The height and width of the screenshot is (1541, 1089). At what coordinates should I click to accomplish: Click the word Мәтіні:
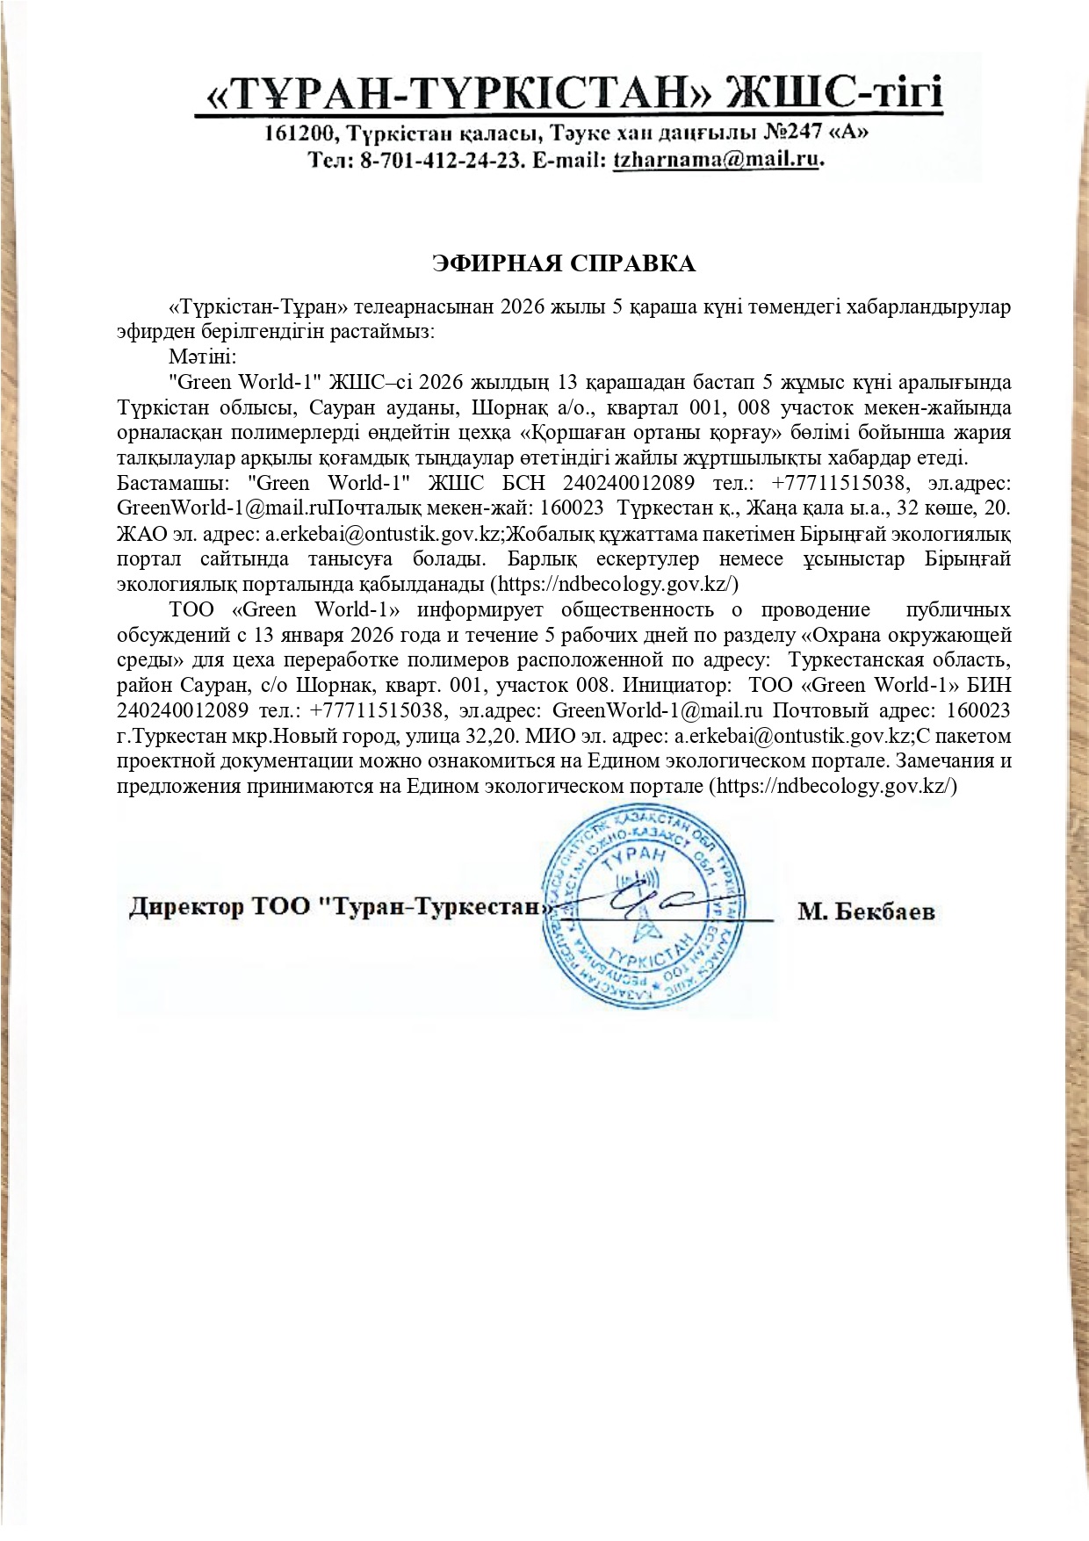202,357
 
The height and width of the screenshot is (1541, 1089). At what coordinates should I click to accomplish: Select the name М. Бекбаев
866,912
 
